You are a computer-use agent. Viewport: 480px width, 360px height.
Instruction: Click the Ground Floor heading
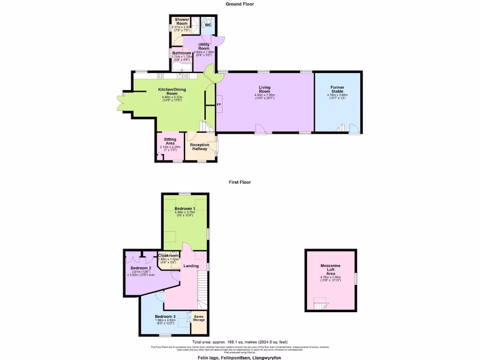tap(240, 4)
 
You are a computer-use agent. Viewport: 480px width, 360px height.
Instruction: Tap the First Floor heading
tap(240, 182)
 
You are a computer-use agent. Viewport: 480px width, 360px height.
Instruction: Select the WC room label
tap(208, 25)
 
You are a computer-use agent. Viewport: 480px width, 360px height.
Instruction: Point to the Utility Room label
tap(203, 46)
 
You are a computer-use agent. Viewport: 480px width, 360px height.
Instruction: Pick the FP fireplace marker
tap(219, 105)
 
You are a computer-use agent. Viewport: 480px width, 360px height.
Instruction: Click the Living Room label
tap(265, 89)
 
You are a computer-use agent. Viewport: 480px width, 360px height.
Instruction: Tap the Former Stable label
tap(337, 89)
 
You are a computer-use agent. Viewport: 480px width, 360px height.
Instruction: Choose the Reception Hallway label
tap(200, 147)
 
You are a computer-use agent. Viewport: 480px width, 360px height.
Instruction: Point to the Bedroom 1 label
tap(185, 208)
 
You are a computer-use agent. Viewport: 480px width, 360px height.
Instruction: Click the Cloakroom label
tap(168, 255)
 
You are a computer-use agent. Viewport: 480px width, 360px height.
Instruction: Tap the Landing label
tap(191, 266)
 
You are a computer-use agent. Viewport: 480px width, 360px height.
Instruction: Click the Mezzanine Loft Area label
tap(330, 271)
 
